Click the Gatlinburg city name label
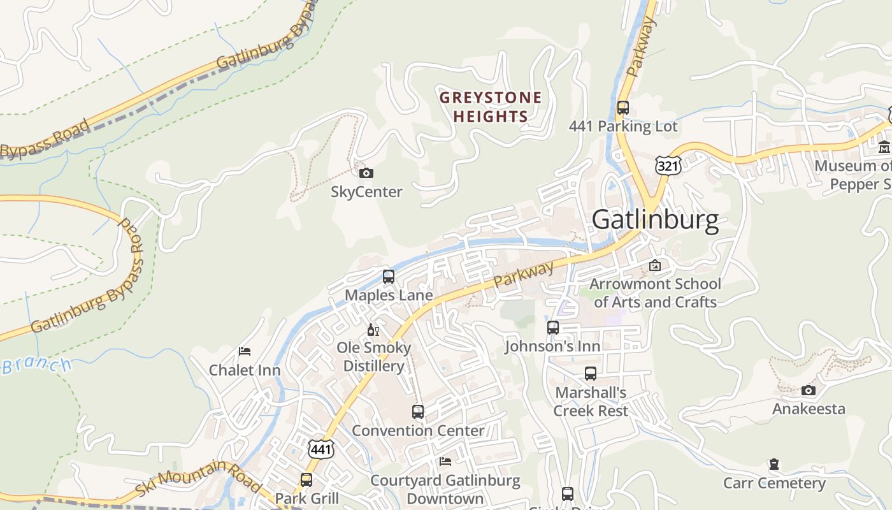pyautogui.click(x=655, y=219)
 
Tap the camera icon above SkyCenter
pyautogui.click(x=366, y=173)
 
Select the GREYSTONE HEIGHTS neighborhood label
pyautogui.click(x=491, y=107)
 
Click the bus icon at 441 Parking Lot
pyautogui.click(x=623, y=107)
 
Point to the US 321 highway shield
pyautogui.click(x=668, y=165)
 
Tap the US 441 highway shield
pyautogui.click(x=320, y=449)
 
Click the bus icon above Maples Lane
pyautogui.click(x=388, y=277)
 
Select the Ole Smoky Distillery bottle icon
pyautogui.click(x=373, y=330)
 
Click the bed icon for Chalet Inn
pyautogui.click(x=245, y=351)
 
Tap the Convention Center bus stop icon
pyautogui.click(x=417, y=411)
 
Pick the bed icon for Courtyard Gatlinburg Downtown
pyautogui.click(x=445, y=461)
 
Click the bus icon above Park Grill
pyautogui.click(x=306, y=479)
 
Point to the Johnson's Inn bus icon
pyautogui.click(x=552, y=328)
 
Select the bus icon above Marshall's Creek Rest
pyautogui.click(x=591, y=374)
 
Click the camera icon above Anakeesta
pyautogui.click(x=808, y=390)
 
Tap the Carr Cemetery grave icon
pyautogui.click(x=773, y=464)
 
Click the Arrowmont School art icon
pyautogui.click(x=654, y=265)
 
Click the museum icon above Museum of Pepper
pyautogui.click(x=884, y=147)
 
